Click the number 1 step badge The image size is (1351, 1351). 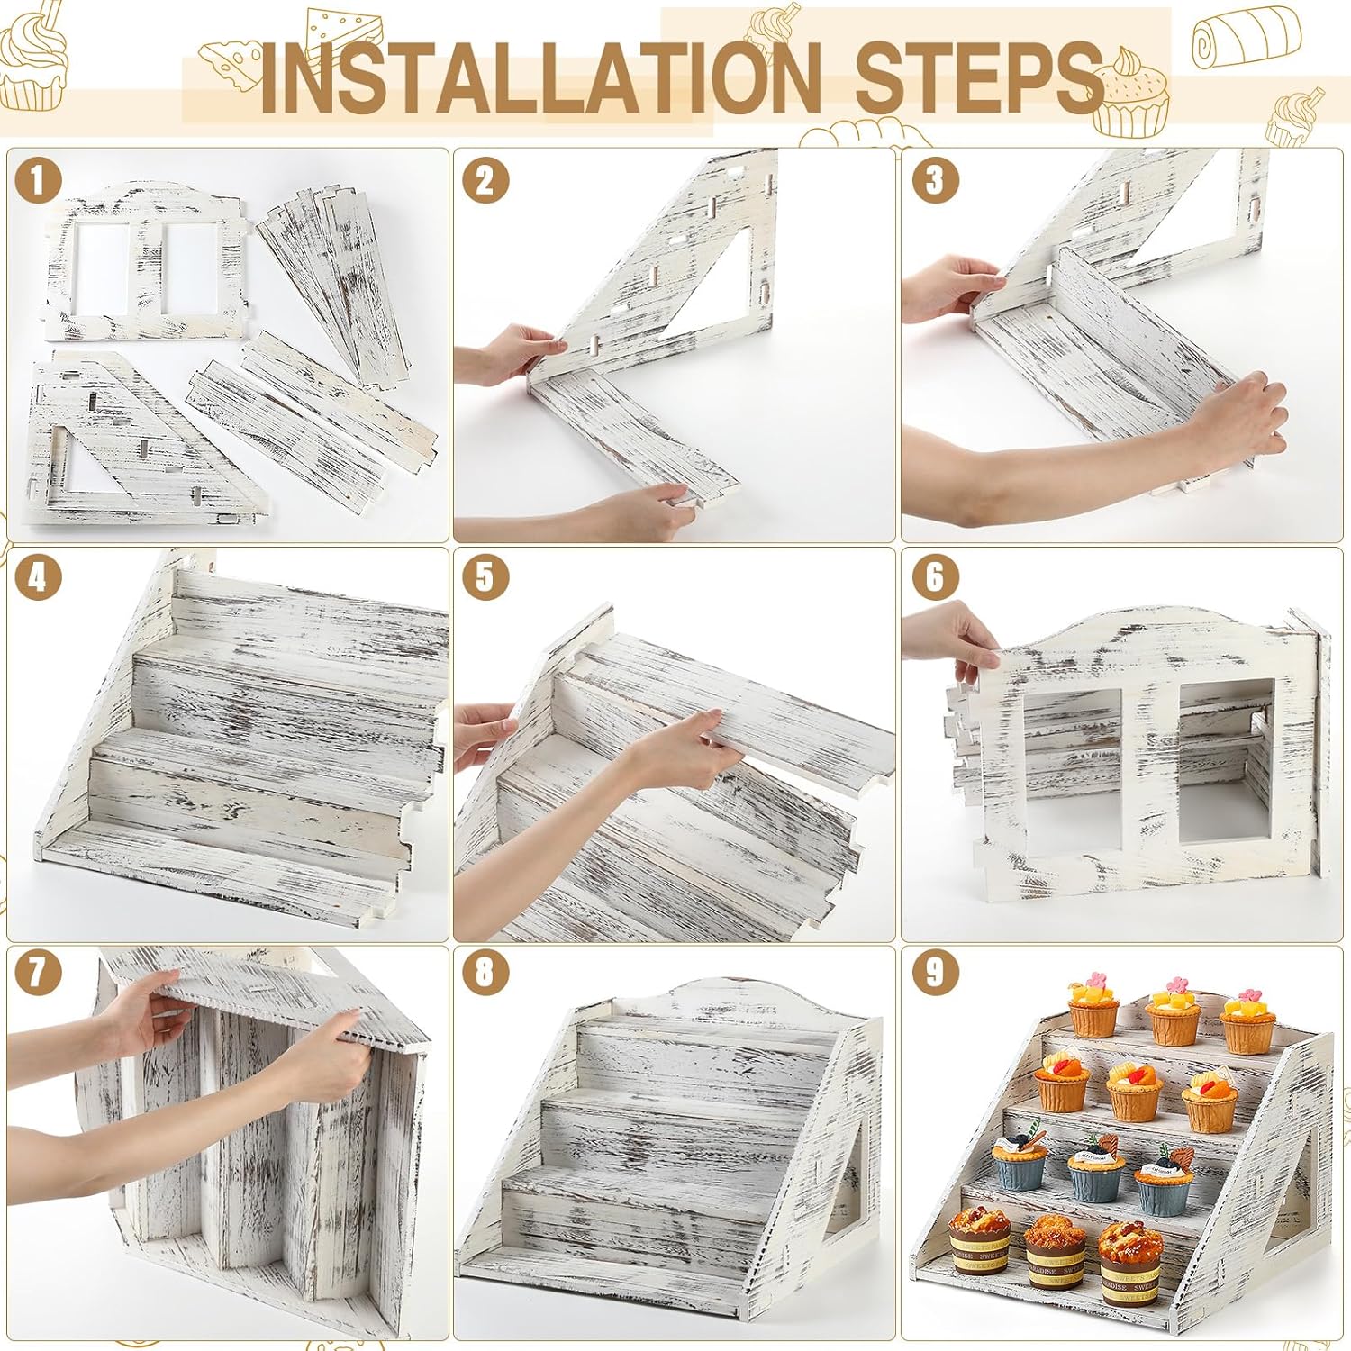37,180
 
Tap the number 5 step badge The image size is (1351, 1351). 485,577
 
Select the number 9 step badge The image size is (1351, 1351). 935,972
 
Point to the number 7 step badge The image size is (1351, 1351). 37,972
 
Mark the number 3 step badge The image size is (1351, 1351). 935,180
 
